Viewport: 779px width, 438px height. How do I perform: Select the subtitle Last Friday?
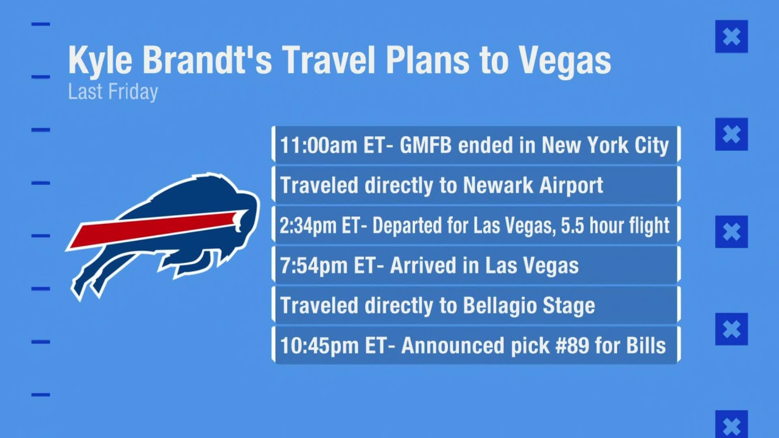(x=113, y=92)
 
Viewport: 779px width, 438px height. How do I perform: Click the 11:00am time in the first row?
(x=318, y=145)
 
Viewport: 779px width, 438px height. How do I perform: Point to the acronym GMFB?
(x=425, y=145)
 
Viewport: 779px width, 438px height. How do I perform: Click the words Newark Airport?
(x=533, y=186)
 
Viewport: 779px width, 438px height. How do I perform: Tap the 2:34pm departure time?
(x=308, y=226)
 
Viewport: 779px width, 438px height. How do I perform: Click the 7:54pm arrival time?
(x=313, y=266)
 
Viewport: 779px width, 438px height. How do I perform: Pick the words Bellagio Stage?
(x=529, y=305)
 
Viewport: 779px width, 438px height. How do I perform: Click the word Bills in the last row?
(x=646, y=346)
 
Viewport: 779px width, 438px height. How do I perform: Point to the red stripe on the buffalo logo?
(x=158, y=229)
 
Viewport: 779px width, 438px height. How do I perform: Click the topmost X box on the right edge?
(x=732, y=36)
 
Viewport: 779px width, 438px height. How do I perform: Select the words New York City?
(x=605, y=145)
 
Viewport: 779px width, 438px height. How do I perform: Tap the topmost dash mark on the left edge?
(x=41, y=24)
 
